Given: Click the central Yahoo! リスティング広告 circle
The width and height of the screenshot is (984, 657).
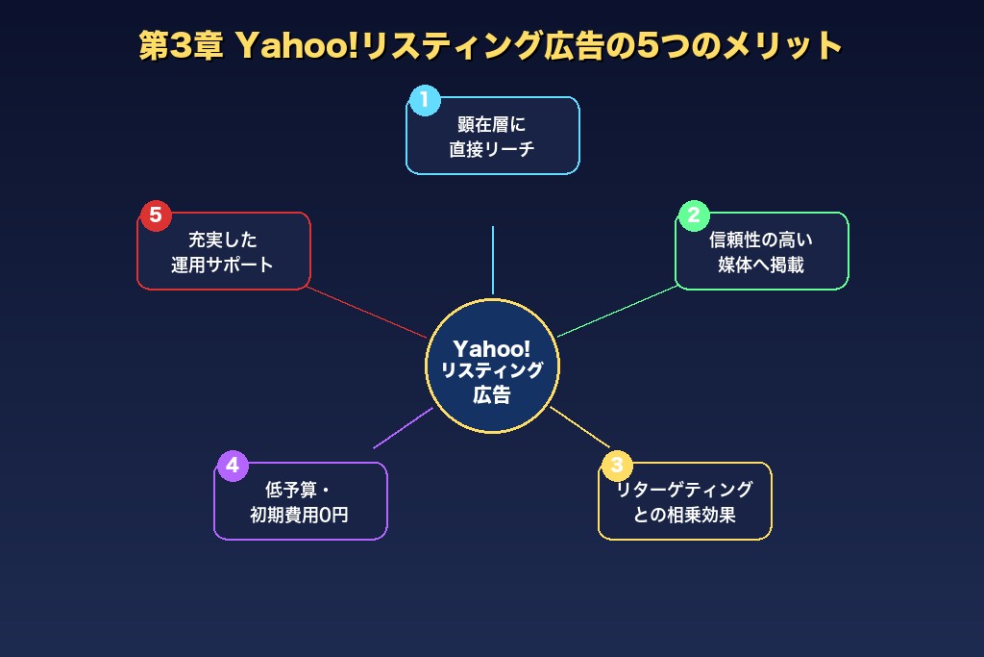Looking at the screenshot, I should [492, 366].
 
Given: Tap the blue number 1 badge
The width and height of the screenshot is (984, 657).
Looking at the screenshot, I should [424, 100].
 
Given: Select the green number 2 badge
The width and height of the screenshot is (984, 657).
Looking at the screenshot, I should [694, 215].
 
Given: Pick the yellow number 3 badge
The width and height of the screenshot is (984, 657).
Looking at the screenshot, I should [617, 466].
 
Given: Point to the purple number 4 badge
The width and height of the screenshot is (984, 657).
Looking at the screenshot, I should [232, 466].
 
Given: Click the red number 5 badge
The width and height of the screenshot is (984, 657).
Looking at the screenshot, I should [156, 215].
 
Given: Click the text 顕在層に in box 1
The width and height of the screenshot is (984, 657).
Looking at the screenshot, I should [492, 124].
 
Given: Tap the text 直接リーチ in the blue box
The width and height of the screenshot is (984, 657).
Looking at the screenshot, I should [492, 149].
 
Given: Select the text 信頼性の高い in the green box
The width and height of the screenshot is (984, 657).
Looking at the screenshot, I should [761, 240].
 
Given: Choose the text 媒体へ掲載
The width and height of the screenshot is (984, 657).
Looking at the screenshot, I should [761, 265].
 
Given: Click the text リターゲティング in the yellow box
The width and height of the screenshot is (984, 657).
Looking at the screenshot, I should [684, 490].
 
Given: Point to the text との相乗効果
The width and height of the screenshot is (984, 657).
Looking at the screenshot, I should [684, 515].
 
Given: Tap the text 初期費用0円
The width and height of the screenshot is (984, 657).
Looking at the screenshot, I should [299, 515].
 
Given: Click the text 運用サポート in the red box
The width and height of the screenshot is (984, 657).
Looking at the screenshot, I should [223, 265].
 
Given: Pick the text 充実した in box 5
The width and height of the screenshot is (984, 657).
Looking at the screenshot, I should [223, 240].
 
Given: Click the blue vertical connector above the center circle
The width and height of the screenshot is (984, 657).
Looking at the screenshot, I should [492, 260].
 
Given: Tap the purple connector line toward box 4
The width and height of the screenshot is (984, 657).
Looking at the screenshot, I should [404, 427].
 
